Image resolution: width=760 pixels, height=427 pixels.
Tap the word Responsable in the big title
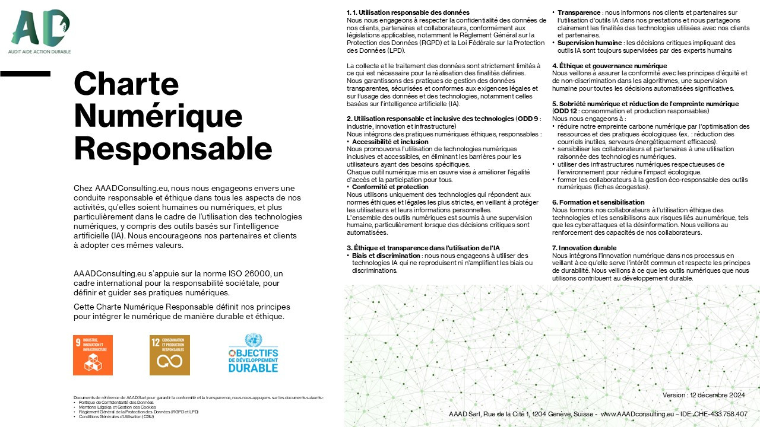click(173, 146)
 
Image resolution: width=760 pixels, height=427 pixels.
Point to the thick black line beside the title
click(25, 74)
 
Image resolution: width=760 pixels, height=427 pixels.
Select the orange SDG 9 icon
click(93, 355)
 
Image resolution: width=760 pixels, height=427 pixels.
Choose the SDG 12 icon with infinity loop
click(169, 355)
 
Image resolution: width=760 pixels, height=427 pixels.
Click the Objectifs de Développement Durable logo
click(253, 353)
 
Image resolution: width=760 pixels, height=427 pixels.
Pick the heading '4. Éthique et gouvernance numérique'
click(609, 66)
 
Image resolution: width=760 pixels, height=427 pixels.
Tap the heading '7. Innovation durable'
click(584, 248)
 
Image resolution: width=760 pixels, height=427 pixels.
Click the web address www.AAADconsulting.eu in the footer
click(637, 414)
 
